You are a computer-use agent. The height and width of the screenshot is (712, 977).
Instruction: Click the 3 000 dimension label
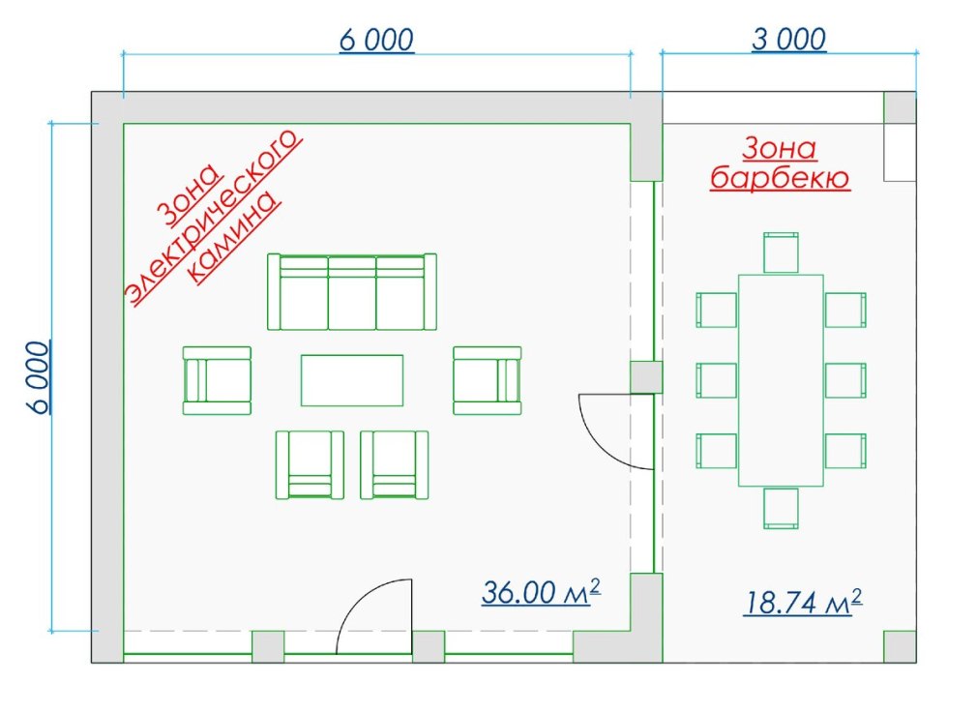[788, 40]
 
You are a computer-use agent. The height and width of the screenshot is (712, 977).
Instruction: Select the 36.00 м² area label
[542, 592]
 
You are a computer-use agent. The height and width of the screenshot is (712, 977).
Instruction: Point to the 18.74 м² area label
[803, 602]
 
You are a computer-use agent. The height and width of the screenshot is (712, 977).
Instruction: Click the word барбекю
[780, 178]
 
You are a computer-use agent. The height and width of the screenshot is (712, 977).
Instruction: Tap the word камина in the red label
[233, 238]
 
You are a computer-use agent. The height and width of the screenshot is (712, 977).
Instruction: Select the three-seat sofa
[352, 291]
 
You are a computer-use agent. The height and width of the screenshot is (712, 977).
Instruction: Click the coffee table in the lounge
[352, 380]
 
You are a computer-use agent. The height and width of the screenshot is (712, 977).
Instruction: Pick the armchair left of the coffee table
[217, 380]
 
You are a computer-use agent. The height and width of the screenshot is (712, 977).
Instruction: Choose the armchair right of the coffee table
[488, 380]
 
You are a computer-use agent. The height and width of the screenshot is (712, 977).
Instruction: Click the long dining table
[781, 380]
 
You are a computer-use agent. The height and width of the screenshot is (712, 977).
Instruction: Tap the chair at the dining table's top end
[781, 252]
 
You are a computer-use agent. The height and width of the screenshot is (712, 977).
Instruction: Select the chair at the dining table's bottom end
[781, 508]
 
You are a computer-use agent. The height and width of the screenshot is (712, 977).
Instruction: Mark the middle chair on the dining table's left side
[717, 380]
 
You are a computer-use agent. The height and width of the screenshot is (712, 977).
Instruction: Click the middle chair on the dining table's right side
[845, 380]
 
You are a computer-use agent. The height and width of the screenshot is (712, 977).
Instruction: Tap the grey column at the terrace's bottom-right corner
[900, 646]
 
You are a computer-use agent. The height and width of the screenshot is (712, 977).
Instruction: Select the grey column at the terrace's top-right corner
[900, 107]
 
